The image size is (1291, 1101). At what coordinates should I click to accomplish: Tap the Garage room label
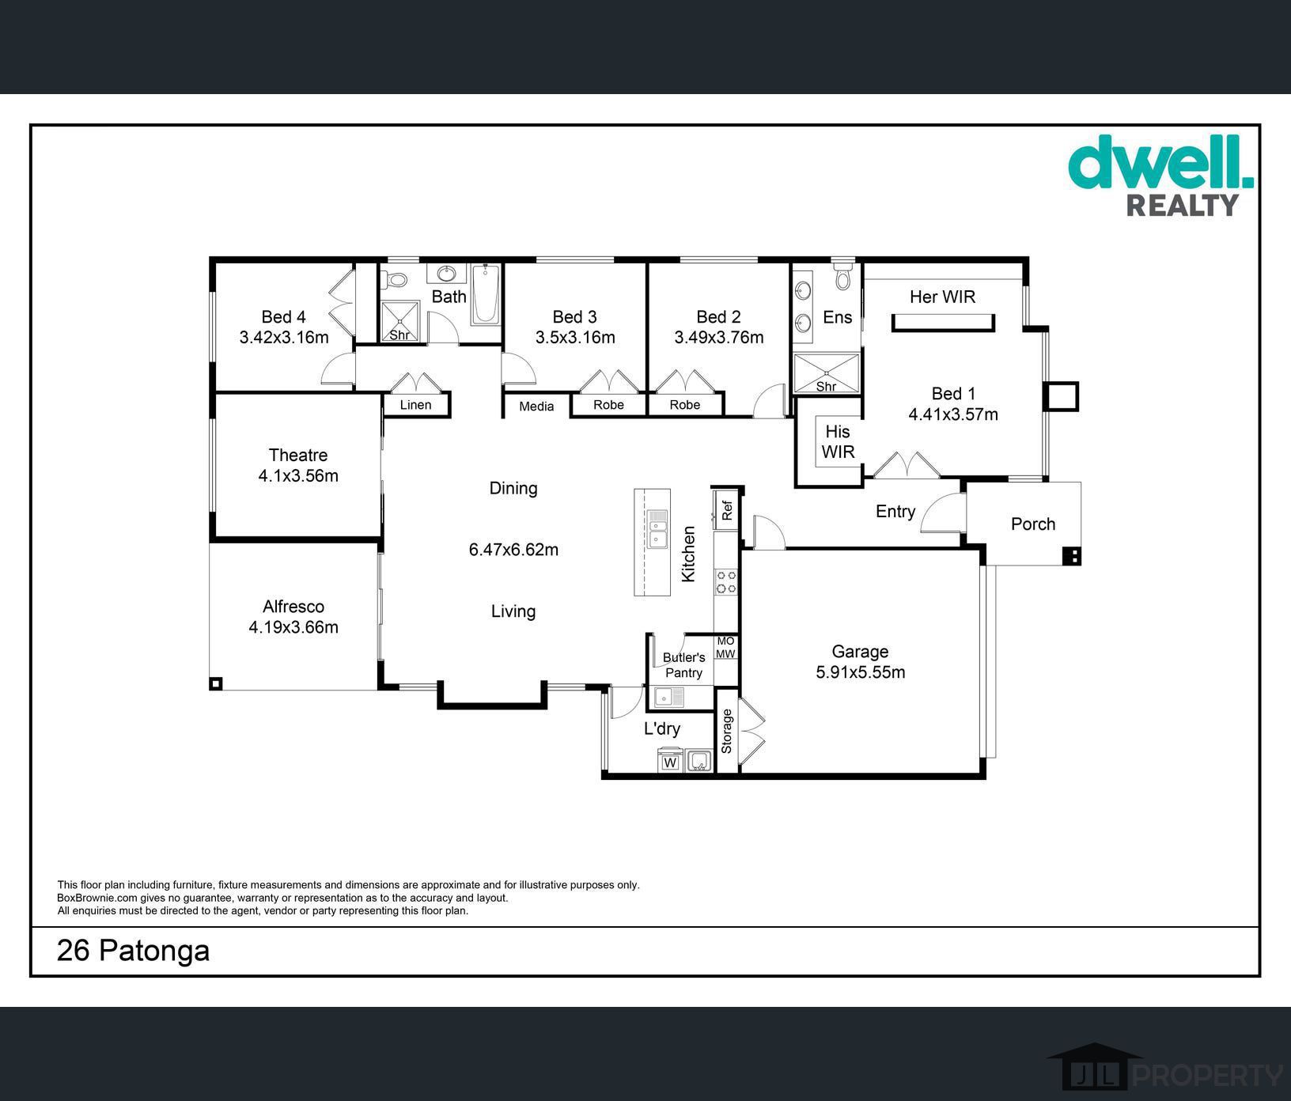[860, 652]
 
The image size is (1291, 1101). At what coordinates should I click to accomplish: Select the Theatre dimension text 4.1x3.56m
[298, 475]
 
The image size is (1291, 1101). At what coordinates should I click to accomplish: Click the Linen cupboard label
[415, 405]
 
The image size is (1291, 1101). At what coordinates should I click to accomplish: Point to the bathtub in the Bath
[486, 294]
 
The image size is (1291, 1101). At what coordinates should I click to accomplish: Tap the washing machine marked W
[670, 761]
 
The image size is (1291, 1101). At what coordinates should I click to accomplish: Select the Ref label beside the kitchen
[727, 510]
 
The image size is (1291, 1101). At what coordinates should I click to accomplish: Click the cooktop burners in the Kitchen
[726, 581]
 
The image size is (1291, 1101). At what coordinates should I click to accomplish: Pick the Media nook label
[536, 407]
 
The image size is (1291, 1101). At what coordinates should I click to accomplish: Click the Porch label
[1033, 524]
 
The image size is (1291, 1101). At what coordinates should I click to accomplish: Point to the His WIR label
[838, 441]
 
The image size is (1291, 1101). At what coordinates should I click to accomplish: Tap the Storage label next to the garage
[727, 731]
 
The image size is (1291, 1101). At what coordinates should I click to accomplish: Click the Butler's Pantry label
[683, 665]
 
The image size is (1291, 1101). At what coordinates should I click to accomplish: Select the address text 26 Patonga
[133, 950]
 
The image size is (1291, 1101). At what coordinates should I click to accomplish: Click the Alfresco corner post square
[216, 683]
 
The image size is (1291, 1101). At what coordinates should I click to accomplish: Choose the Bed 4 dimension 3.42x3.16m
[284, 338]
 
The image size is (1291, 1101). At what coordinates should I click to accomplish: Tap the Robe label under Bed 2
[685, 405]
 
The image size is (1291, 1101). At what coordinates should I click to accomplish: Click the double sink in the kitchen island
[657, 529]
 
